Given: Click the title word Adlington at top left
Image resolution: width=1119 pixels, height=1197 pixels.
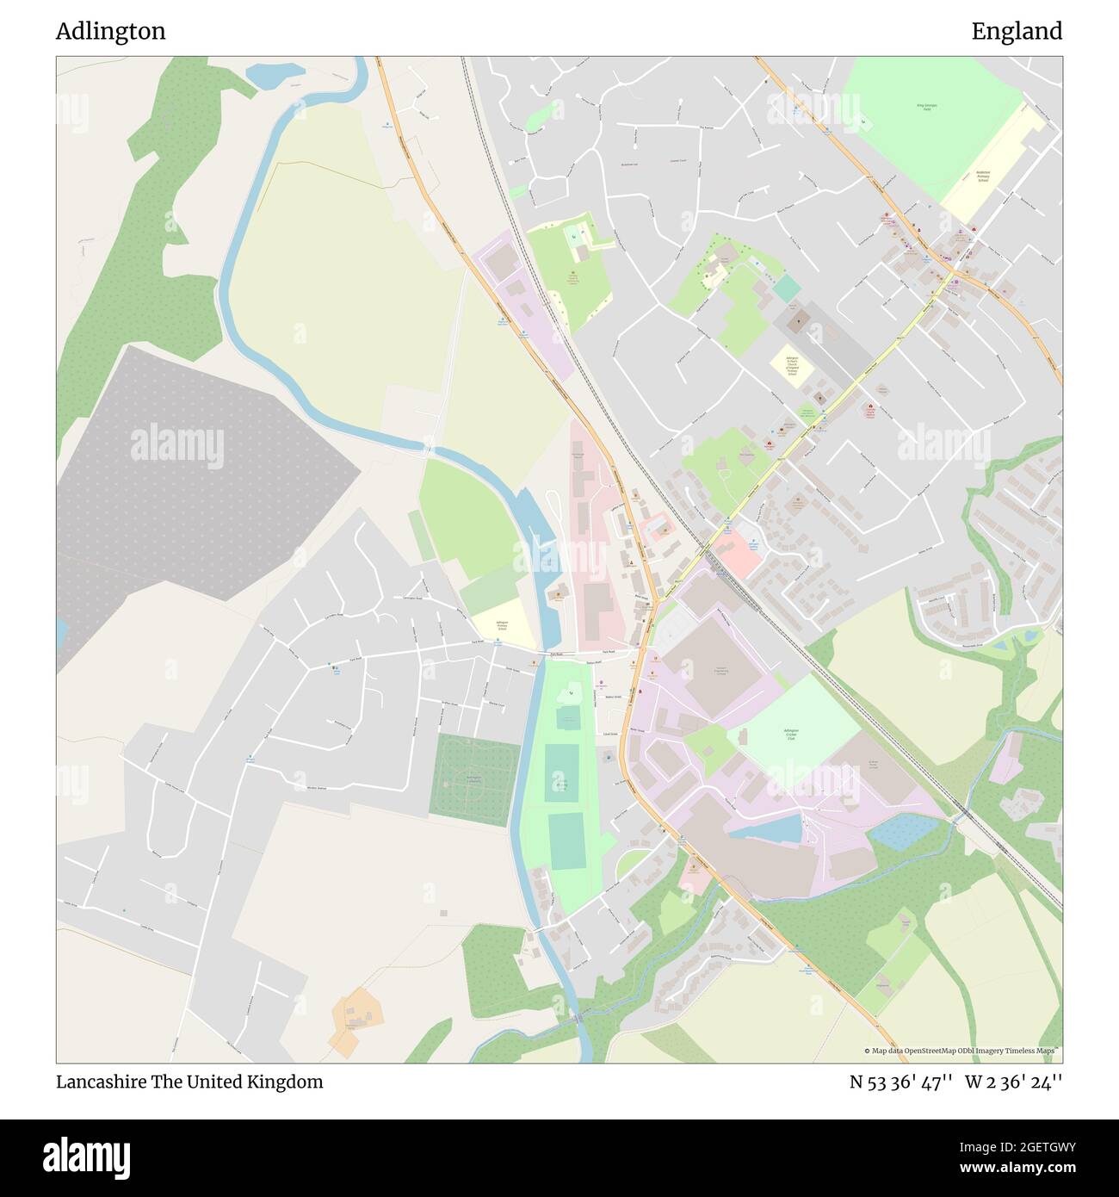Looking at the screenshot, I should pos(111,32).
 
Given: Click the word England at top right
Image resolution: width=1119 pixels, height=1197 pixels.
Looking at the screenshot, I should pos(1017,32).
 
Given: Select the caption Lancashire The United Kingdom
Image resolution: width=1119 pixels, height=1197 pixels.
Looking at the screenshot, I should pos(189,1082).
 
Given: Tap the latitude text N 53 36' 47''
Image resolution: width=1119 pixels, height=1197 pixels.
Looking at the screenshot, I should pos(900,1082).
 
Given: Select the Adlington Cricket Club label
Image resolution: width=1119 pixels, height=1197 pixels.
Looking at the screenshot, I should pos(787,734).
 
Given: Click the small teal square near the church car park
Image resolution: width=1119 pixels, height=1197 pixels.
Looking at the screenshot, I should pos(786,288).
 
